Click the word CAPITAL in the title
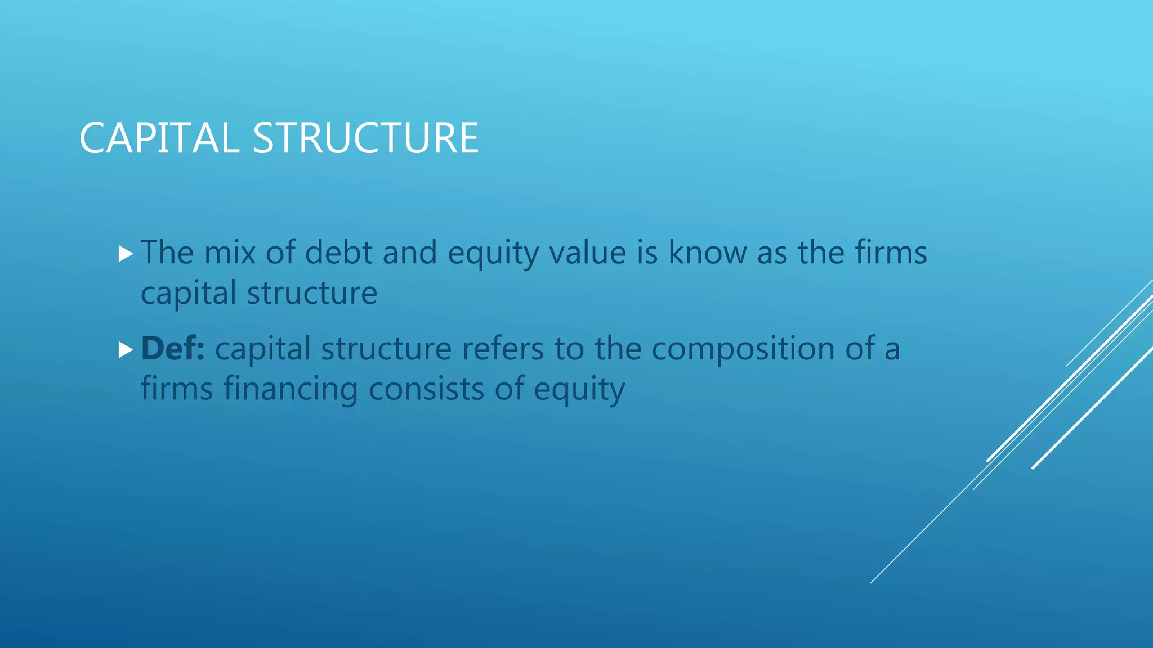coord(159,138)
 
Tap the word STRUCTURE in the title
coord(365,138)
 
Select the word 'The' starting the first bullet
coord(167,252)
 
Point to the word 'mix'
coord(230,252)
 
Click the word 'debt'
coord(338,252)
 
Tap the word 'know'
coord(707,252)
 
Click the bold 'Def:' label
coord(173,348)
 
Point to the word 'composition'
coord(743,348)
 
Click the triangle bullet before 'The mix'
coord(126,254)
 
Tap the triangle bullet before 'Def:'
coord(126,350)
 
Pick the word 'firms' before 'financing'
coord(177,389)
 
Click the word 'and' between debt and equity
coord(409,252)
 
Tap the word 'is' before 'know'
coord(647,252)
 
